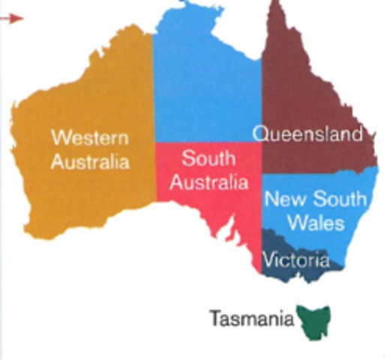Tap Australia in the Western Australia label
click(90, 162)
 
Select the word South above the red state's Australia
click(208, 158)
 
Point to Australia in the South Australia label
click(208, 181)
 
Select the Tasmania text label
click(251, 319)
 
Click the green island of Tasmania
click(314, 321)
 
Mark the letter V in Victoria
click(266, 260)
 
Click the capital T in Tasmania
click(214, 318)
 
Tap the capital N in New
click(271, 200)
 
